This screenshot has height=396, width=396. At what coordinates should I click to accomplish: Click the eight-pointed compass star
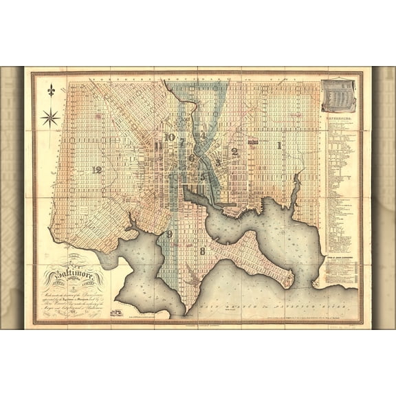50,117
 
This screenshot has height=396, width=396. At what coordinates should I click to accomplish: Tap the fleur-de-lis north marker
50,91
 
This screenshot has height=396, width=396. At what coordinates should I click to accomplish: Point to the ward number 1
278,146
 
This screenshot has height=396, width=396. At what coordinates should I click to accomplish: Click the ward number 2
234,151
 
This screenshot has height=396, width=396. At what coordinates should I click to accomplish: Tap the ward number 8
202,251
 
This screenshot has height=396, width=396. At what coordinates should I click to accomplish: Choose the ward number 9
168,234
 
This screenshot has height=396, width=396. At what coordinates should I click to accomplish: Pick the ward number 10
169,137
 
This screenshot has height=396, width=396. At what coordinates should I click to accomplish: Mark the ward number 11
159,146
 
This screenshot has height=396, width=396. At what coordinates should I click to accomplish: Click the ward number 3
219,161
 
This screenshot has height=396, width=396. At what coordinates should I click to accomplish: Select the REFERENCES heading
339,118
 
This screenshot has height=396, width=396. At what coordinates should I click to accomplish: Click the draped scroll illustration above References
339,96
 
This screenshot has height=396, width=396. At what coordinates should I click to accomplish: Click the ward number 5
203,175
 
